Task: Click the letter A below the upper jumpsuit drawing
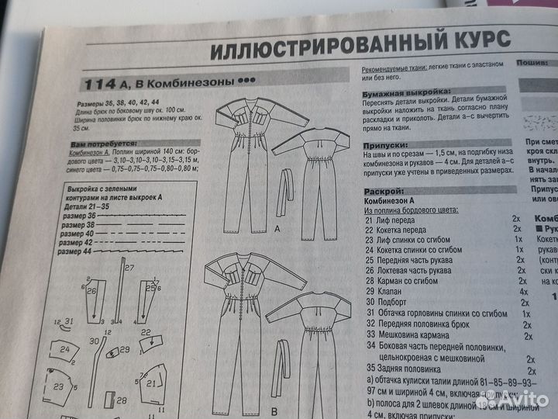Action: (276, 229)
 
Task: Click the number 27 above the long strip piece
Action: (129, 268)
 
